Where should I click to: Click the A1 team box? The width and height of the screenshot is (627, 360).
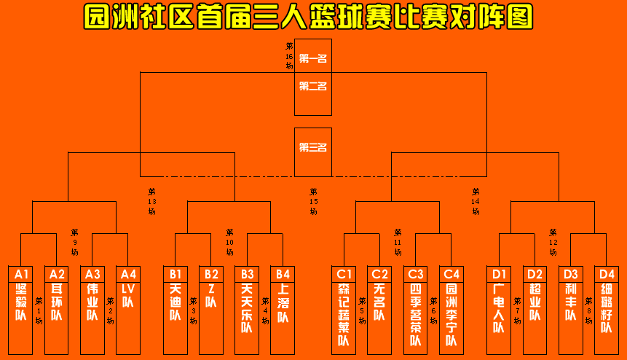20,310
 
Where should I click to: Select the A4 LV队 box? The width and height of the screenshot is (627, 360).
128,310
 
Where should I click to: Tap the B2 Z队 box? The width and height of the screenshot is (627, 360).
211,310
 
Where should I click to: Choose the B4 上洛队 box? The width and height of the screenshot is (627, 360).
283,310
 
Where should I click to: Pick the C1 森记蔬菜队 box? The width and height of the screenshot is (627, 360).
344,310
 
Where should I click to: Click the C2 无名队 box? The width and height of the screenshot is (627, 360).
379,310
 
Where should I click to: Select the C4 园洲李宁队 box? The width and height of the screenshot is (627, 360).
451,310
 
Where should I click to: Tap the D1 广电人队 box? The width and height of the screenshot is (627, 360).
499,310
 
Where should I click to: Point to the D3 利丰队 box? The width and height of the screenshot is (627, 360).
570,310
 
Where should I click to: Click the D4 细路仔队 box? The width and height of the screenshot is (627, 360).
606,310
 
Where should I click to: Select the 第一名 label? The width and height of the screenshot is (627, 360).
313,58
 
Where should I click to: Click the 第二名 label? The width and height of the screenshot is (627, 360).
313,86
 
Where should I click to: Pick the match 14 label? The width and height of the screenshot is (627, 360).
476,201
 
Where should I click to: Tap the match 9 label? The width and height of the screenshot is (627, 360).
75,242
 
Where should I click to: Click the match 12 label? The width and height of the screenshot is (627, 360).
553,242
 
